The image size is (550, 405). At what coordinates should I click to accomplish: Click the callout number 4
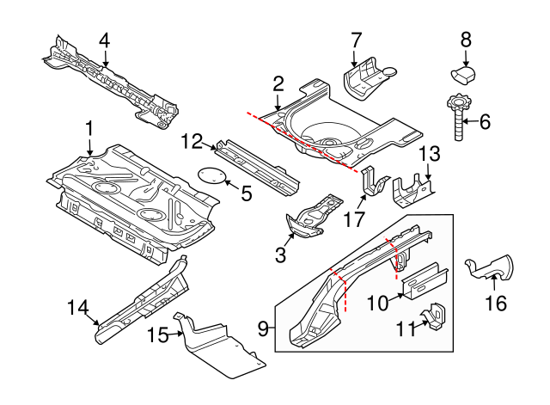click(105, 40)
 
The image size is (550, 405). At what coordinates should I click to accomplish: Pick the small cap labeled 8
click(465, 71)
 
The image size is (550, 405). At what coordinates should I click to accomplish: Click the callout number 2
click(278, 83)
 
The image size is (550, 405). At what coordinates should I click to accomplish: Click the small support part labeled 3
click(309, 218)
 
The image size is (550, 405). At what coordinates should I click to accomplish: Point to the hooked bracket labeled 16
click(489, 267)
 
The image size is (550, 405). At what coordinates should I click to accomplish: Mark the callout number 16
click(496, 303)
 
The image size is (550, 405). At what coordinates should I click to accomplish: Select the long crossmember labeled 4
click(112, 83)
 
